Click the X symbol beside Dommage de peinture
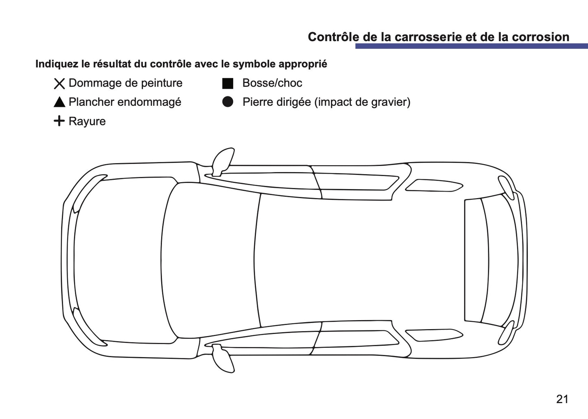(59, 84)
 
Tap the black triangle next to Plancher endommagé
(59, 103)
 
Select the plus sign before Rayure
(59, 121)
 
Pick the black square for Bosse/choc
(227, 83)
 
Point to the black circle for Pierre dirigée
(227, 102)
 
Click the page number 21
(562, 399)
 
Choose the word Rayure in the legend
(87, 121)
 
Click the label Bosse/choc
(272, 83)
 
